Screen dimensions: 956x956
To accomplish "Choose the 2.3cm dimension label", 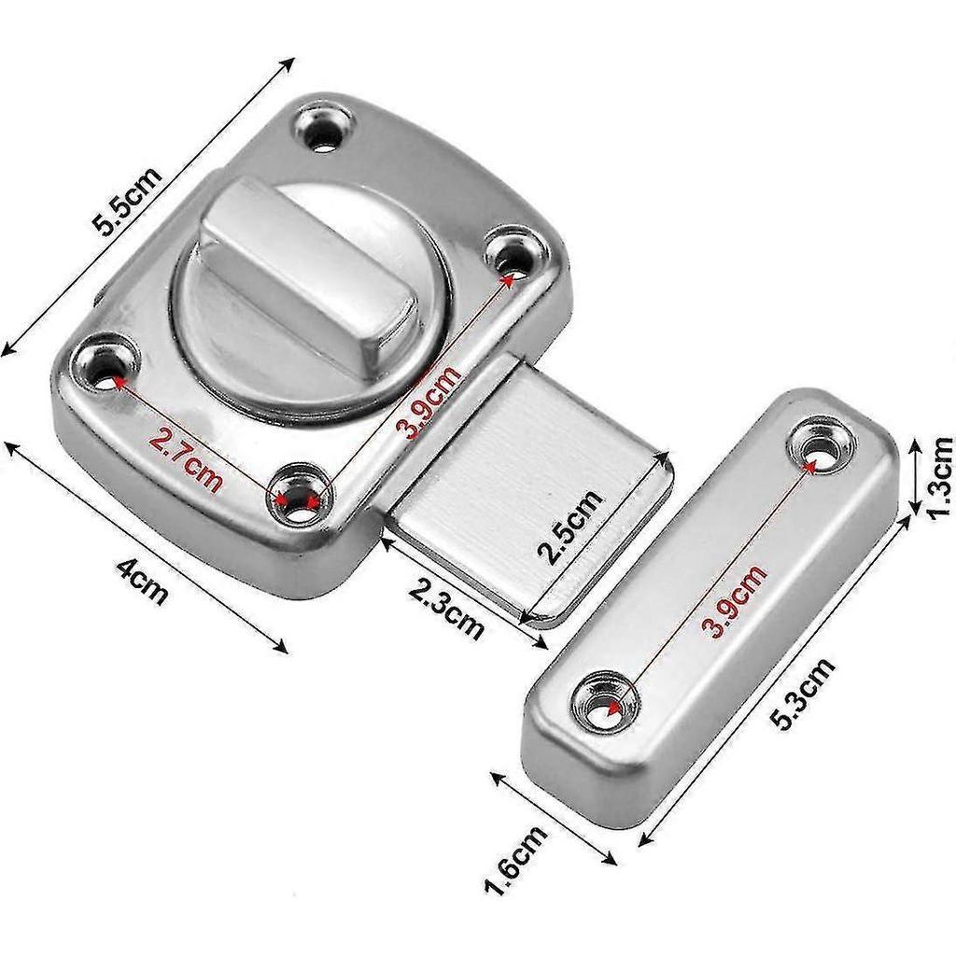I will (x=447, y=607).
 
